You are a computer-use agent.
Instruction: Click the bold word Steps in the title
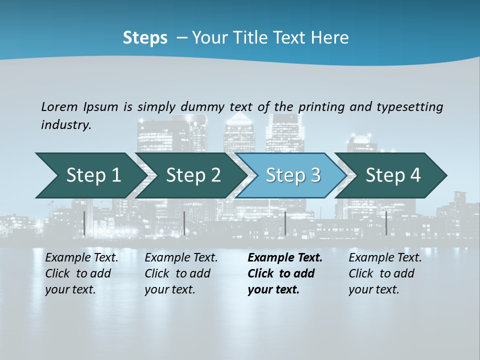tap(145, 38)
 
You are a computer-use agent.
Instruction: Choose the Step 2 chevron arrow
tap(192, 175)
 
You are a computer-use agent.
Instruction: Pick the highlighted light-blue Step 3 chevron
tap(292, 175)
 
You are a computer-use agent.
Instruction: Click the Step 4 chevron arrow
tap(392, 175)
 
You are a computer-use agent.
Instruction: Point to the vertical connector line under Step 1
tap(84, 223)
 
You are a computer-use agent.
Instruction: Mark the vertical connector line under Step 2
tap(184, 223)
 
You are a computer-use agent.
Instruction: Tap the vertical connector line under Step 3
tap(285, 223)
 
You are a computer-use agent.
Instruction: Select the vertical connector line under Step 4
tap(386, 223)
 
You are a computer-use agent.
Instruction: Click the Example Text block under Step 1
tap(82, 273)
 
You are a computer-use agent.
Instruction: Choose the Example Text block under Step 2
tap(181, 273)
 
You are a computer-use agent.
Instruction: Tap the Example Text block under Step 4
tap(385, 273)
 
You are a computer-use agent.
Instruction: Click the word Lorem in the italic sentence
tap(59, 107)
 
